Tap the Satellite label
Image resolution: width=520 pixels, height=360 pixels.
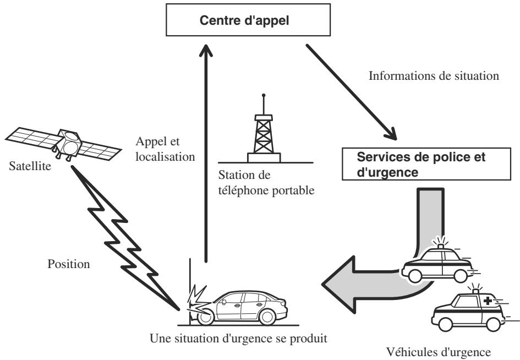[x=30, y=166]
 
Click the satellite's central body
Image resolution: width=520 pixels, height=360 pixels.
[x=69, y=144]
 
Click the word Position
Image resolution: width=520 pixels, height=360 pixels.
[x=69, y=264]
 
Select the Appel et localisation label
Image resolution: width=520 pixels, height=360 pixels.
[x=165, y=149]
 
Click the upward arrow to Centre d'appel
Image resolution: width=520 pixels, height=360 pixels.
[x=206, y=153]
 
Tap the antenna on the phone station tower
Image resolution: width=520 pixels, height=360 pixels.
[x=264, y=104]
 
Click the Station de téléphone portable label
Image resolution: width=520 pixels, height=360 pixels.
[x=266, y=183]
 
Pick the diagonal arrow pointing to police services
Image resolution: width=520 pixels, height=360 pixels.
[x=351, y=92]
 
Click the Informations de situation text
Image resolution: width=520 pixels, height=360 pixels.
[x=434, y=75]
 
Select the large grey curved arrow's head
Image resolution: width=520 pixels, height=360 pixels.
[x=338, y=285]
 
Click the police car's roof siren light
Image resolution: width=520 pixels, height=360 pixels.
[x=441, y=246]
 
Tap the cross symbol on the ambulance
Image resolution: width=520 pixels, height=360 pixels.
[x=488, y=301]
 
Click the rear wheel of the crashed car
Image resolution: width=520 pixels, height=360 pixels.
[x=267, y=317]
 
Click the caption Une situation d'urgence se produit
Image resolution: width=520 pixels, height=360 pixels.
[x=238, y=339]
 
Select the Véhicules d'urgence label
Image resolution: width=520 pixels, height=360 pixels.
[x=439, y=352]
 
